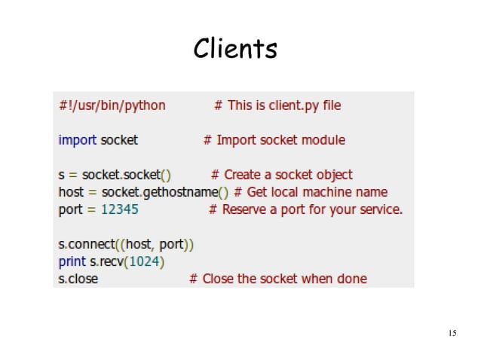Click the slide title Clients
(235, 49)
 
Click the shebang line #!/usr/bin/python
(112, 105)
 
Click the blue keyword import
(78, 140)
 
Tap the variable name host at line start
(71, 192)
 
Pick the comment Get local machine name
(317, 192)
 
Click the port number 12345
(120, 209)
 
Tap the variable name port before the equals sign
(71, 209)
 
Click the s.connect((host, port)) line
(126, 244)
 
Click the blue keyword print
(72, 261)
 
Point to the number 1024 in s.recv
(148, 261)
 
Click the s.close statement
(78, 279)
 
